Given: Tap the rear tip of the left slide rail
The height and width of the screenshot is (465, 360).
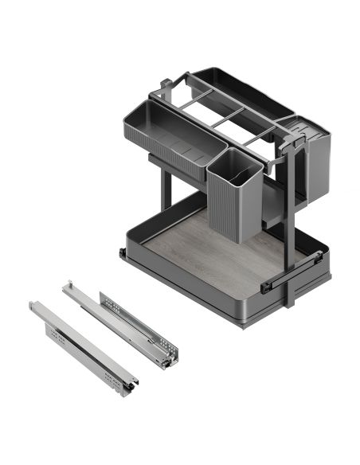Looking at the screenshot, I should point(34,304).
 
